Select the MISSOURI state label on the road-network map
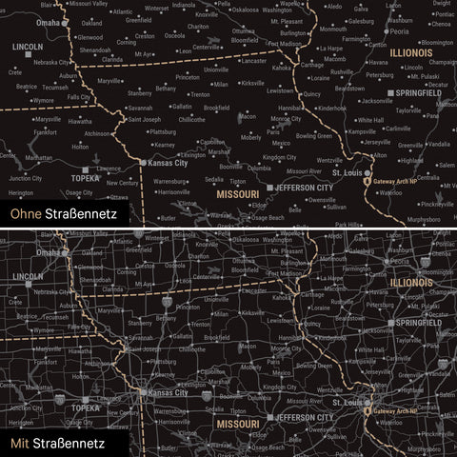click(x=234, y=422)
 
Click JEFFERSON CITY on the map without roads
click(x=304, y=188)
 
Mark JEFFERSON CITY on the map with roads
click(x=304, y=417)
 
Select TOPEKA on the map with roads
click(x=86, y=406)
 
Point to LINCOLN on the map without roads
click(x=28, y=46)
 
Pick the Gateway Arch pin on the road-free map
click(x=369, y=180)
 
